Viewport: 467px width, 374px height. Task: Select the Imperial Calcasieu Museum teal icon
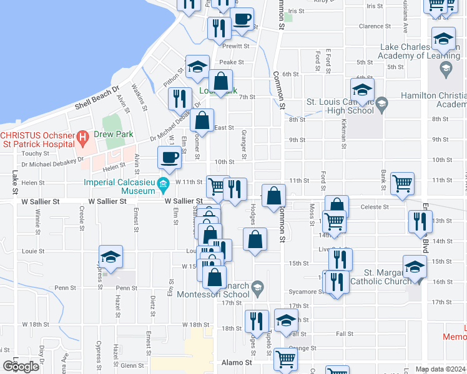(164, 184)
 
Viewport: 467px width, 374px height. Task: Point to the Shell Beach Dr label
(97, 99)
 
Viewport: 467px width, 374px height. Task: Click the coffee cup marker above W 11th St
(169, 157)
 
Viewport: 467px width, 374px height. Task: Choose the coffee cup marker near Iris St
(242, 19)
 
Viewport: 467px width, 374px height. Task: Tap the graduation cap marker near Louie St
(111, 257)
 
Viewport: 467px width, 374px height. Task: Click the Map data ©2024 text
(440, 369)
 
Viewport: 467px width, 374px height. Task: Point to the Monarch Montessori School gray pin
(257, 287)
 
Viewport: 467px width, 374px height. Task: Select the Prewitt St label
(237, 46)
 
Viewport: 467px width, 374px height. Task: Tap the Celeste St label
(376, 207)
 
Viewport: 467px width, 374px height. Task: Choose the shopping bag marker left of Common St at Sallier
(273, 196)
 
